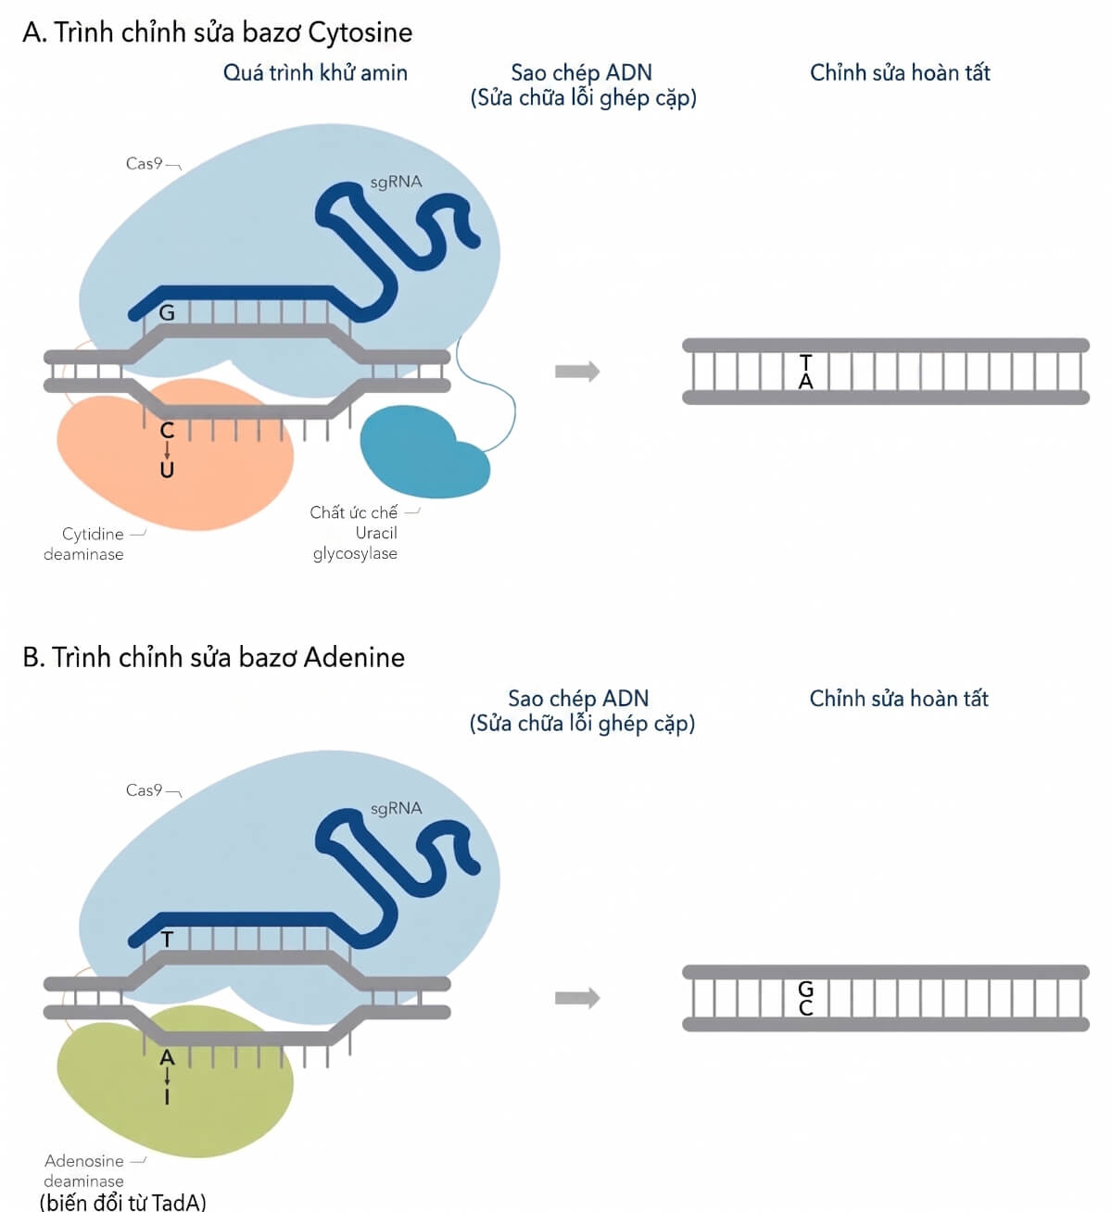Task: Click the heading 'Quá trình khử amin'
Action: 315,73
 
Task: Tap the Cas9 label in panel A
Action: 144,164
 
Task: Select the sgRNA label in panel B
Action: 396,808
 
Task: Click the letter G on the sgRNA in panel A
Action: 167,313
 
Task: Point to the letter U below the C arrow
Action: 167,470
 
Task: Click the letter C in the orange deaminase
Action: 167,431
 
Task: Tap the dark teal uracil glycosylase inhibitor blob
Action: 424,452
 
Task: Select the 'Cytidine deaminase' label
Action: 83,544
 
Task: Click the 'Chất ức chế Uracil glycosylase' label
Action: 354,532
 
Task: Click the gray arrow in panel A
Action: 577,371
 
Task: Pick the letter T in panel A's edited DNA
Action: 805,362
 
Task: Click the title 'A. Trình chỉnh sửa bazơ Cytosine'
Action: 218,32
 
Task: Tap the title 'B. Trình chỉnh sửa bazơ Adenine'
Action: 213,657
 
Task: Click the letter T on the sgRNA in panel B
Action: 168,940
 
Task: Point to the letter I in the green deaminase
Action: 167,1096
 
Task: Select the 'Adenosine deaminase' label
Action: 83,1170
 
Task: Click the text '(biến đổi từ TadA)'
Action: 122,1201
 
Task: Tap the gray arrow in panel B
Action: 577,998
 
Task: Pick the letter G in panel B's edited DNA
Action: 805,989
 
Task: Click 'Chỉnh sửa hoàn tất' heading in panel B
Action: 899,699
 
